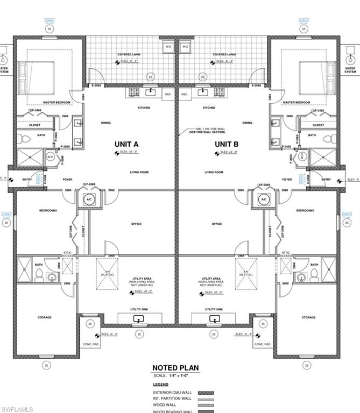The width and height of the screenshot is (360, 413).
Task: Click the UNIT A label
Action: [127, 144]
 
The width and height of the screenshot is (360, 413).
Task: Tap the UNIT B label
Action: [227, 144]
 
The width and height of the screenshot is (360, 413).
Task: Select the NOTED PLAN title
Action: [175, 368]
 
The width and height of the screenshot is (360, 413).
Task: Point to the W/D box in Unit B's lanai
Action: [186, 47]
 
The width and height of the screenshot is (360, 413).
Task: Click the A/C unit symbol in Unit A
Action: [89, 200]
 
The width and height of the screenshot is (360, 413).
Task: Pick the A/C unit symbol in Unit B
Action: [264, 200]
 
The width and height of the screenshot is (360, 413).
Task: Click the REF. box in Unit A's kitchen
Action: [168, 94]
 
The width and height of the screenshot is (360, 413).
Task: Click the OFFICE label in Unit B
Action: [217, 224]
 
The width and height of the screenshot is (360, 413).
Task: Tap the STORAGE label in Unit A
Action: [45, 317]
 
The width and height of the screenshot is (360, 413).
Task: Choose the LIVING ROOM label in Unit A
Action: [138, 173]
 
